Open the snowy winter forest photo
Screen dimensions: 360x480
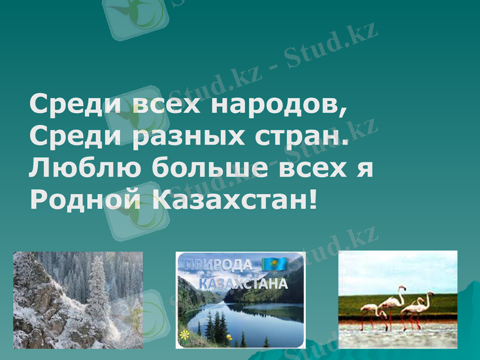click(x=78, y=300)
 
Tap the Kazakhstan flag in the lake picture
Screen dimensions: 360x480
click(x=275, y=264)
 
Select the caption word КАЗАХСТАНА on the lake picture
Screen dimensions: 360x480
click(x=242, y=283)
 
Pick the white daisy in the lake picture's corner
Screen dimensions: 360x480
click(x=184, y=334)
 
